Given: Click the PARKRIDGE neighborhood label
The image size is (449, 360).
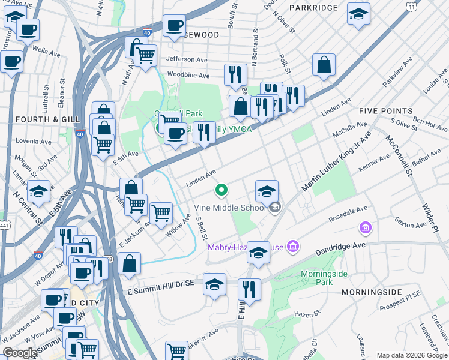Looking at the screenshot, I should tap(313, 7).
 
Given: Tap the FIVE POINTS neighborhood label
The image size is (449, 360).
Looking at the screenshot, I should tap(385, 111).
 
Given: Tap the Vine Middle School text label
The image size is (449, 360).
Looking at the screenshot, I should tap(231, 208).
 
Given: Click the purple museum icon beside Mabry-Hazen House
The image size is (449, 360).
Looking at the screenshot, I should tap(293, 245).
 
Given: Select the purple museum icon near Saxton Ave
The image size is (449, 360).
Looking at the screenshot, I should tap(364, 228).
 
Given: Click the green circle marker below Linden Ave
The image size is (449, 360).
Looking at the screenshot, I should tap(221, 191).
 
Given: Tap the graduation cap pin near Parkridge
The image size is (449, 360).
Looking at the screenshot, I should tap(358, 15).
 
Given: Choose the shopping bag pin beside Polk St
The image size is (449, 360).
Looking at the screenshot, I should tap(324, 67).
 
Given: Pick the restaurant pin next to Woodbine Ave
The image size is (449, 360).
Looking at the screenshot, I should tap(235, 74).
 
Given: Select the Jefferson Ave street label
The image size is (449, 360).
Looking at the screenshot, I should tap(187, 59).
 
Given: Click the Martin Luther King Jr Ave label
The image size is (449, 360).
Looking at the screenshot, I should tap(337, 161).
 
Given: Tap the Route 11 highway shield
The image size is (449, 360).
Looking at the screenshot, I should tap(412, 5).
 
